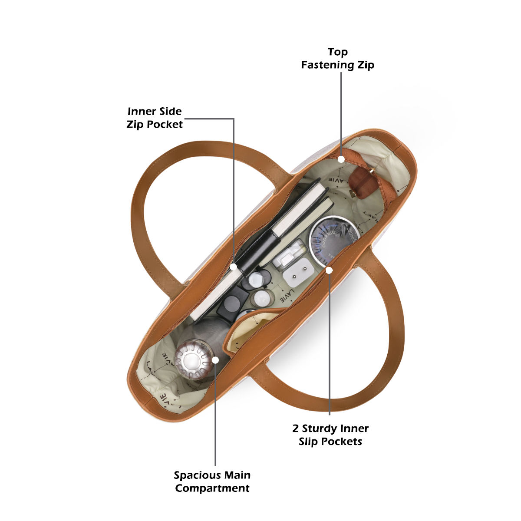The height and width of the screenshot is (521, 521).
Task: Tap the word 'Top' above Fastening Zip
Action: click(337, 52)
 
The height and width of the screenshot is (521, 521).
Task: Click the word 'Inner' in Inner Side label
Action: click(139, 112)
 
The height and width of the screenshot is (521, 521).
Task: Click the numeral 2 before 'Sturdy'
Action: click(296, 429)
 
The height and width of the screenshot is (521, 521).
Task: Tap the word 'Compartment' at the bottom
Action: click(212, 488)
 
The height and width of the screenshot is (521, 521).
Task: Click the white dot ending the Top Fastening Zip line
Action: click(342, 159)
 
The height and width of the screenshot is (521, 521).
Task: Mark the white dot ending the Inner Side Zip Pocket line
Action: click(234, 267)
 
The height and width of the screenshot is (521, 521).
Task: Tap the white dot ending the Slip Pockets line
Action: click(329, 270)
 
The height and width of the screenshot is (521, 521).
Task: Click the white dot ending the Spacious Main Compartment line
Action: click(215, 360)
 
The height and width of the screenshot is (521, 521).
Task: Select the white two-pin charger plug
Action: click(298, 273)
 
